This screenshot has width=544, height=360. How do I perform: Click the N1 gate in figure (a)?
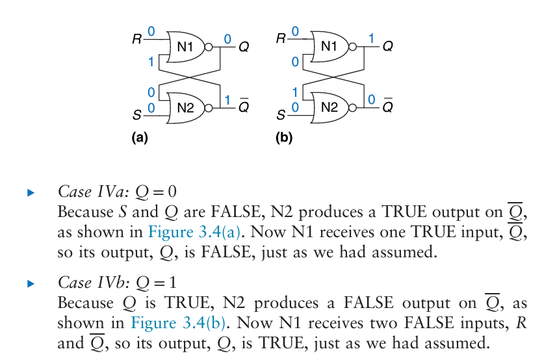click(x=184, y=46)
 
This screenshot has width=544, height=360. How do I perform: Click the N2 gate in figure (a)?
click(x=185, y=107)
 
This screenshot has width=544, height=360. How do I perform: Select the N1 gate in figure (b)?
click(x=329, y=46)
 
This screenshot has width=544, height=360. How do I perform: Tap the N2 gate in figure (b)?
click(x=330, y=107)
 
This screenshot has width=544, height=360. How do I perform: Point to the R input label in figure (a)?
click(x=136, y=39)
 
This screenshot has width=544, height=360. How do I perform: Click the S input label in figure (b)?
click(x=281, y=116)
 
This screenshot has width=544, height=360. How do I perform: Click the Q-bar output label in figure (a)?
click(x=244, y=107)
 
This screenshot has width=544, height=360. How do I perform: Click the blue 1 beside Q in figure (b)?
click(x=371, y=39)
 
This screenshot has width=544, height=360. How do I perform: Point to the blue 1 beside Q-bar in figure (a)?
click(x=227, y=99)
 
